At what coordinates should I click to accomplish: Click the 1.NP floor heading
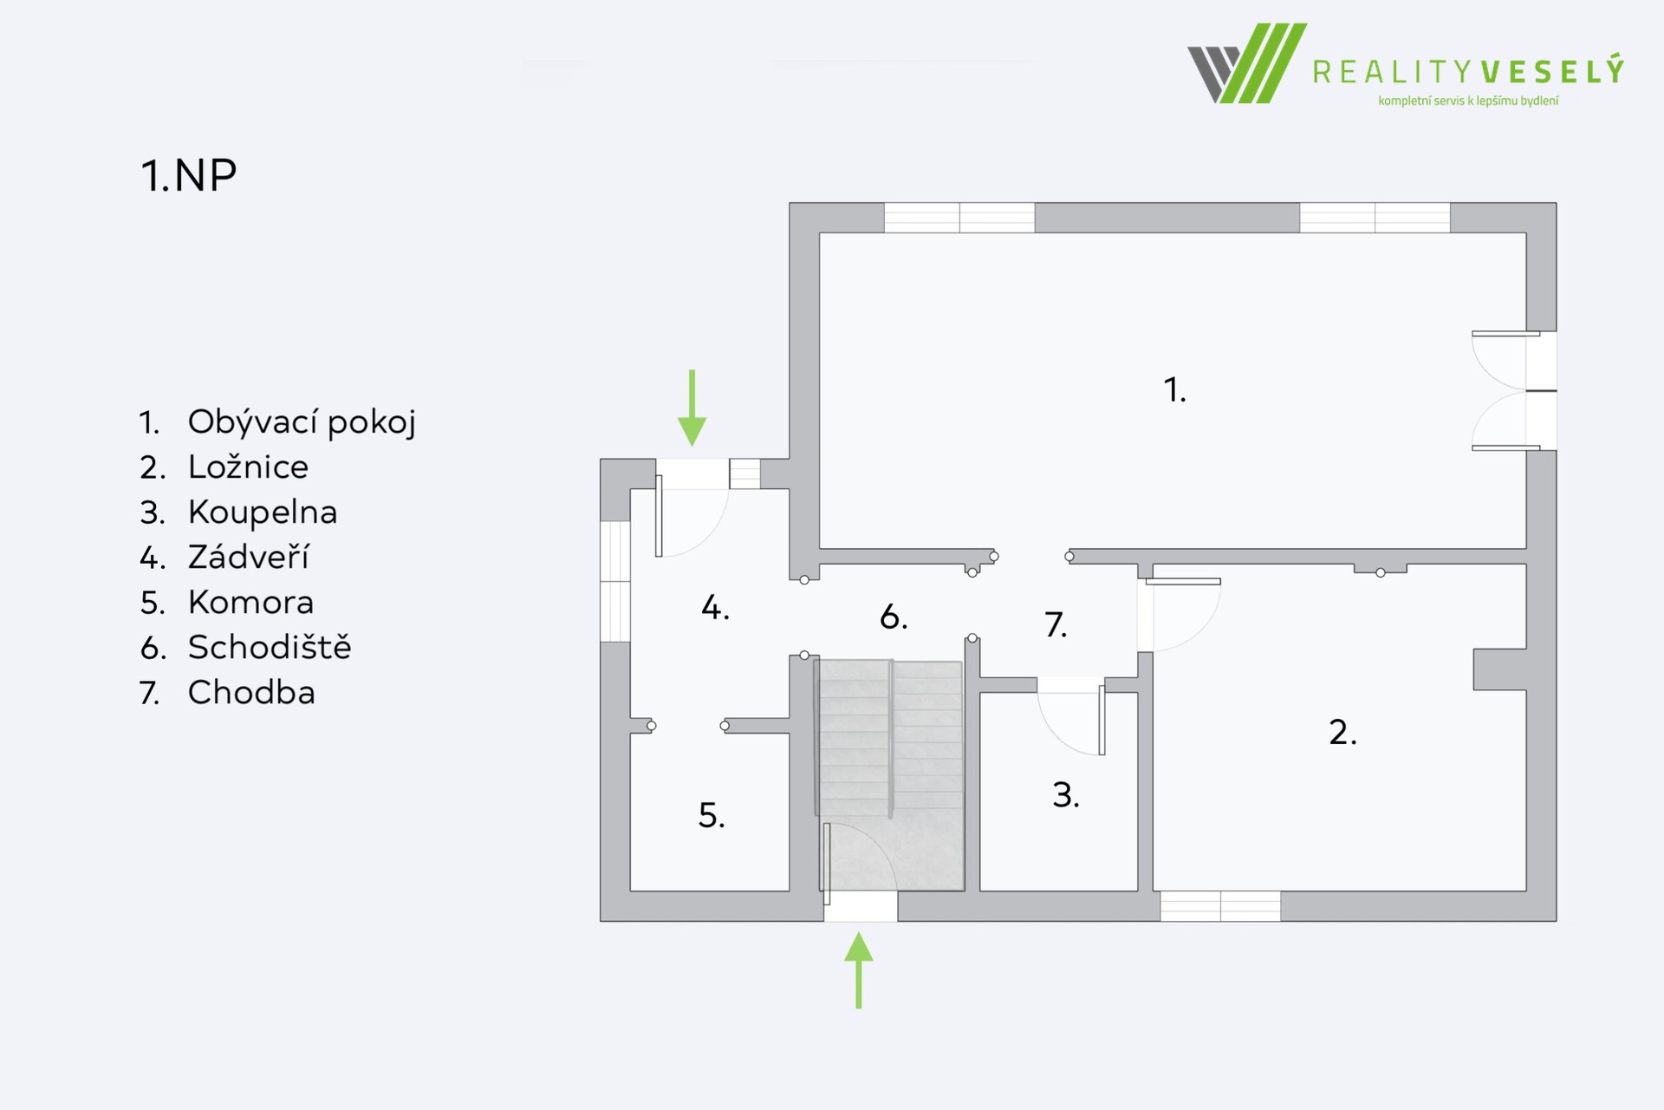(188, 175)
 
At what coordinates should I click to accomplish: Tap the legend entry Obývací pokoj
(302, 422)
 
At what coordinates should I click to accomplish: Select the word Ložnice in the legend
(248, 467)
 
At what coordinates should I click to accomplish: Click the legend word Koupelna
(263, 513)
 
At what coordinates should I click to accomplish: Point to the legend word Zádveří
(249, 557)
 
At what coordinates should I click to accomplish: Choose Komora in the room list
(250, 603)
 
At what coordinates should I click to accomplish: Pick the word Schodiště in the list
(270, 647)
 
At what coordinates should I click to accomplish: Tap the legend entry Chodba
(251, 693)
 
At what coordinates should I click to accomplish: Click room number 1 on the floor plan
(1174, 390)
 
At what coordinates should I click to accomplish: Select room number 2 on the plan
(1342, 733)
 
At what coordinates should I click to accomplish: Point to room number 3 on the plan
(1066, 795)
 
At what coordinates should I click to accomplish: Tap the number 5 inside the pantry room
(712, 816)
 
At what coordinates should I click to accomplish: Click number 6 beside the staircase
(894, 617)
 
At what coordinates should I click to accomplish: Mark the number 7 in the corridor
(1056, 624)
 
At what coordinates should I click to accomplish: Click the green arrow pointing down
(692, 408)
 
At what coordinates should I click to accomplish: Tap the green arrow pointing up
(859, 970)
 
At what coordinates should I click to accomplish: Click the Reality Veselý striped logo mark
(1247, 63)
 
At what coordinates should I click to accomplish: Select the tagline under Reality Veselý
(1468, 101)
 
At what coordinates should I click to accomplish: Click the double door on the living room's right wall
(1514, 391)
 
